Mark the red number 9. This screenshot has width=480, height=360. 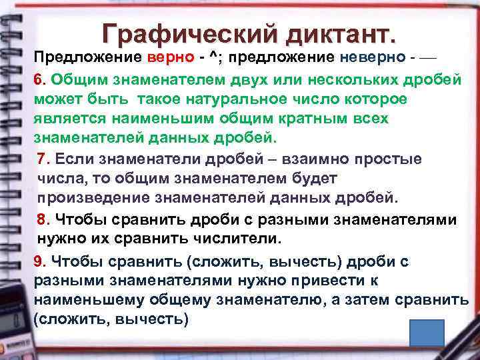click(40, 261)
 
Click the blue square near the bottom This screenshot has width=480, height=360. click(427, 334)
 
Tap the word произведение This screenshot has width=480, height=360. click(95, 199)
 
